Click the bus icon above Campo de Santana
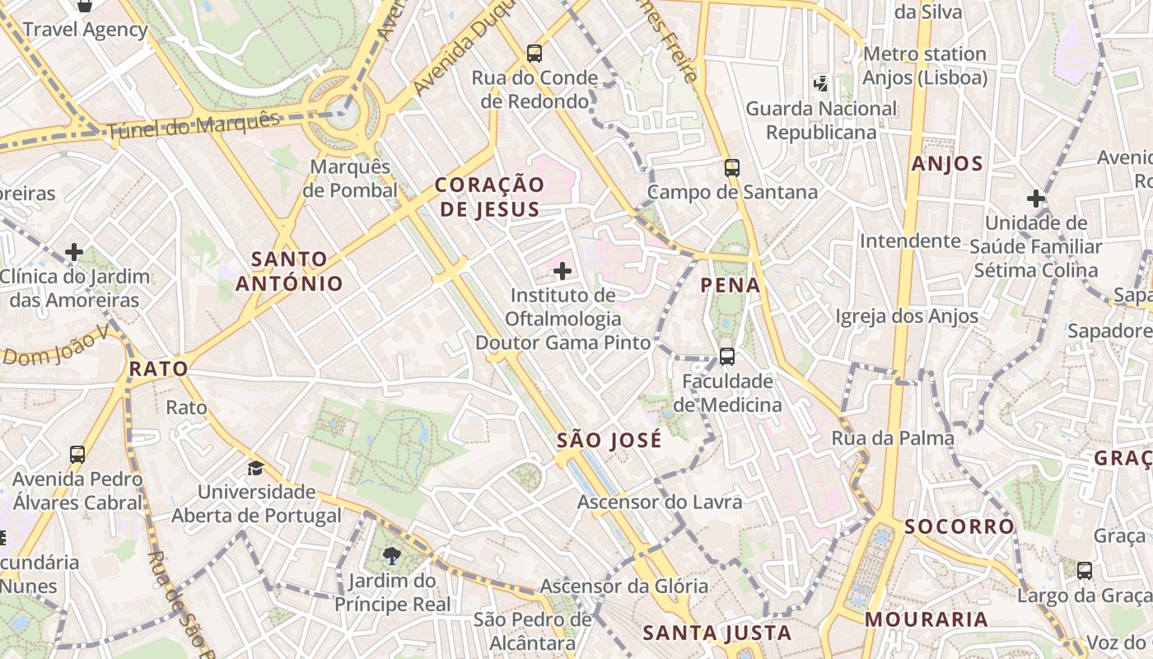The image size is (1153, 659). tap(732, 168)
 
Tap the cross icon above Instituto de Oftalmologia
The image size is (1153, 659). tap(562, 270)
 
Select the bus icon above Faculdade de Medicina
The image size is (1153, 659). tap(727, 357)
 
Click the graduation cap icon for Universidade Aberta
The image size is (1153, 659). tap(256, 468)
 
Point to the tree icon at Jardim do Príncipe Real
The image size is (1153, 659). tap(392, 556)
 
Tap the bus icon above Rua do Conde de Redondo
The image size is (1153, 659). tap(534, 54)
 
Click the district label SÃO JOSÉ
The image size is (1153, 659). tap(609, 440)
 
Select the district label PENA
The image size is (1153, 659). tap(730, 285)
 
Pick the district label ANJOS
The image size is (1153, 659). tap(947, 163)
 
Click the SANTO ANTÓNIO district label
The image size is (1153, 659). tap(289, 271)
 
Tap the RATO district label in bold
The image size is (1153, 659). tap(159, 368)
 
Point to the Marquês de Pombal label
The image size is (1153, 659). tap(350, 178)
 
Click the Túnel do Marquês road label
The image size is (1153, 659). tap(194, 126)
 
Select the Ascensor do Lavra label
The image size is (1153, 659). tap(660, 502)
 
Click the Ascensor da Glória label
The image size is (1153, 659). tap(623, 586)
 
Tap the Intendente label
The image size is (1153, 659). tap(910, 241)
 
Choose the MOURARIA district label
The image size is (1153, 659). tap(926, 619)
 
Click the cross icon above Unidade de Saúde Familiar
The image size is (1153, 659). tap(1035, 199)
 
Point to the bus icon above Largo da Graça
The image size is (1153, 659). tap(1085, 570)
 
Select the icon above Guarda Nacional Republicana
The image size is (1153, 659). tap(820, 82)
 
